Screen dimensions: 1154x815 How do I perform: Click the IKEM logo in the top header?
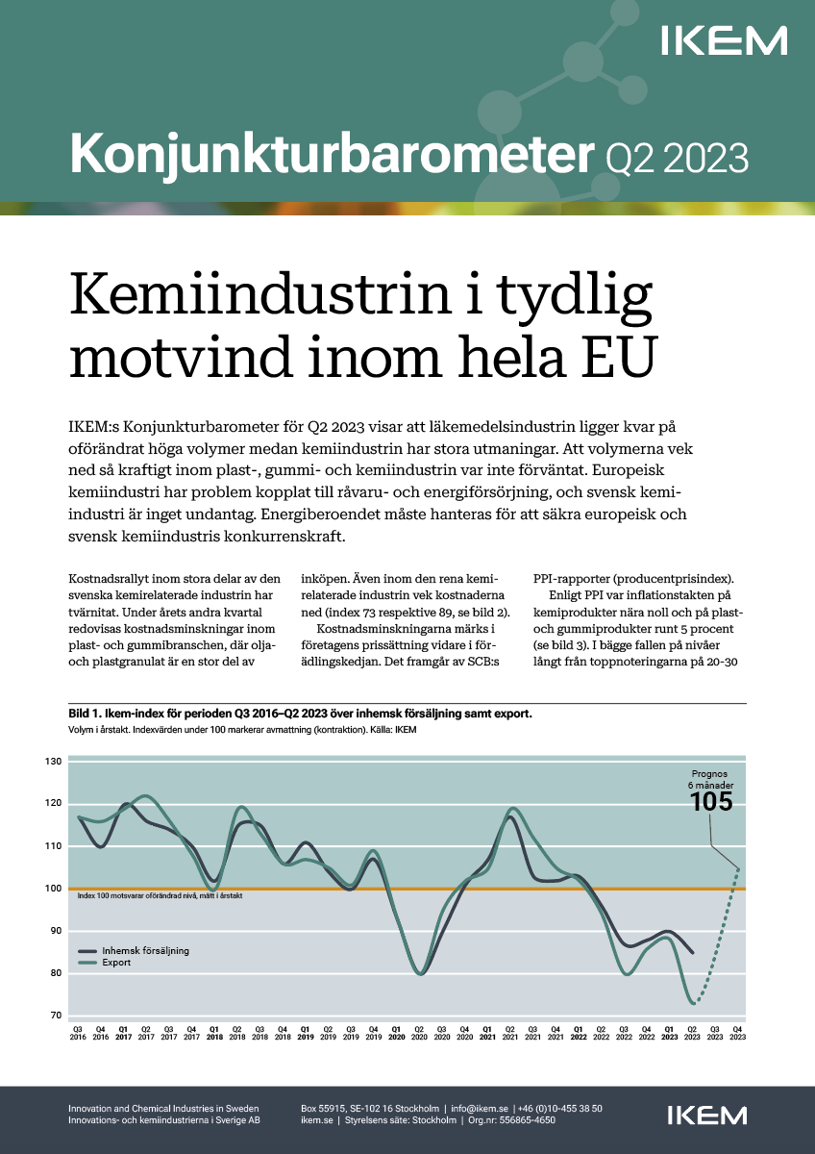[724, 40]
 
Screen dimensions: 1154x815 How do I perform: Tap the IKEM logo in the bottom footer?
[706, 1115]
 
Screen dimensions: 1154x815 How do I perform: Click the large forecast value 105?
[711, 801]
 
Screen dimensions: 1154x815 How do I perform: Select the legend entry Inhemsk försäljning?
[145, 950]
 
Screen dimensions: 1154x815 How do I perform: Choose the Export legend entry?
[116, 962]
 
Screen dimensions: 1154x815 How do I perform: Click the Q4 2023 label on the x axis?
[737, 1034]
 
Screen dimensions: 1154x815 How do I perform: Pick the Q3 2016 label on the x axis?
[77, 1034]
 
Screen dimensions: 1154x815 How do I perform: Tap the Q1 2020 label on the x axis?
[397, 1034]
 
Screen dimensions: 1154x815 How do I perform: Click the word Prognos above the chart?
[711, 772]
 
